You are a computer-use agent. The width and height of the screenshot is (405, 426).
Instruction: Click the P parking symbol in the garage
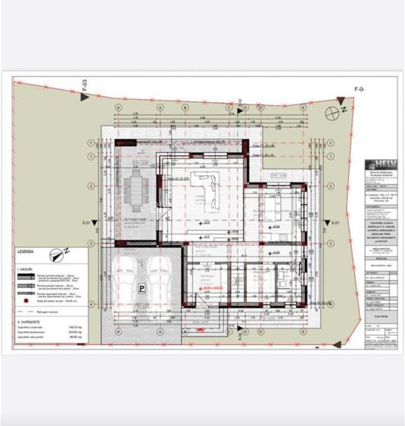pyautogui.click(x=142, y=287)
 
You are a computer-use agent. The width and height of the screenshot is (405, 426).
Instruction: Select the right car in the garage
pyautogui.click(x=160, y=275)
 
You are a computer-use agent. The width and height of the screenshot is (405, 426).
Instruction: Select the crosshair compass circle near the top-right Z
pyautogui.click(x=332, y=112)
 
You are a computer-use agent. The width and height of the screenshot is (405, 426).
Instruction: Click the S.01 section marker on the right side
pyautogui.click(x=335, y=223)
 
